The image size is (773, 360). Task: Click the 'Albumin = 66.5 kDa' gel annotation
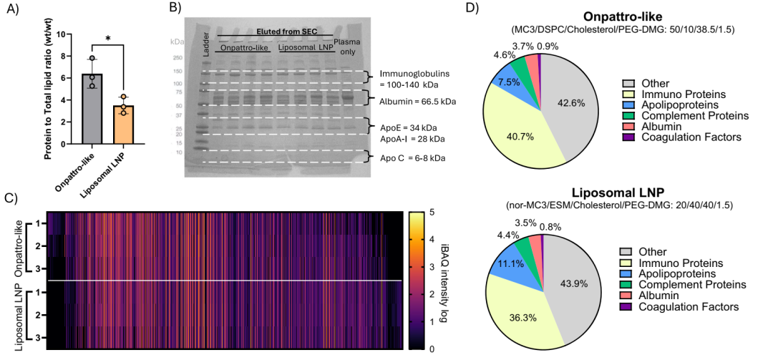(x=418, y=102)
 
